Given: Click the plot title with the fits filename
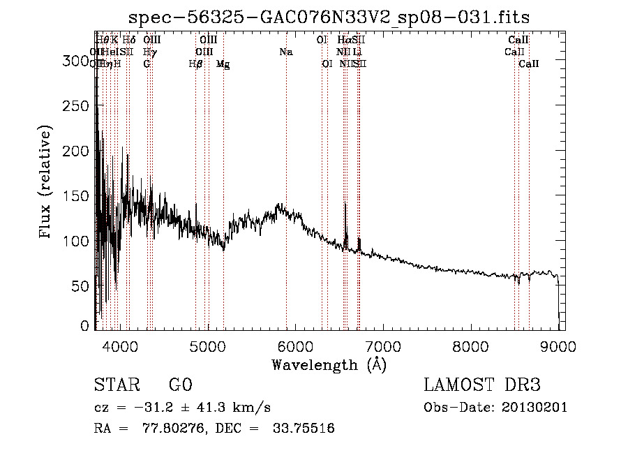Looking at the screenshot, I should click(334, 17).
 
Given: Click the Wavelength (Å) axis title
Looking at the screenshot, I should click(329, 364).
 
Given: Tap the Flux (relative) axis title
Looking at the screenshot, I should click(47, 183).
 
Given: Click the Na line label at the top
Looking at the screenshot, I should click(285, 52).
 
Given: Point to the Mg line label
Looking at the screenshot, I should click(223, 64).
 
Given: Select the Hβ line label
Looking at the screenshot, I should click(195, 64).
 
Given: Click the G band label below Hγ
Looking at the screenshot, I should click(147, 64).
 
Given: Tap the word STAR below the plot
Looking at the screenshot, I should click(116, 385).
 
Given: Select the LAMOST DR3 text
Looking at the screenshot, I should click(481, 385).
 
